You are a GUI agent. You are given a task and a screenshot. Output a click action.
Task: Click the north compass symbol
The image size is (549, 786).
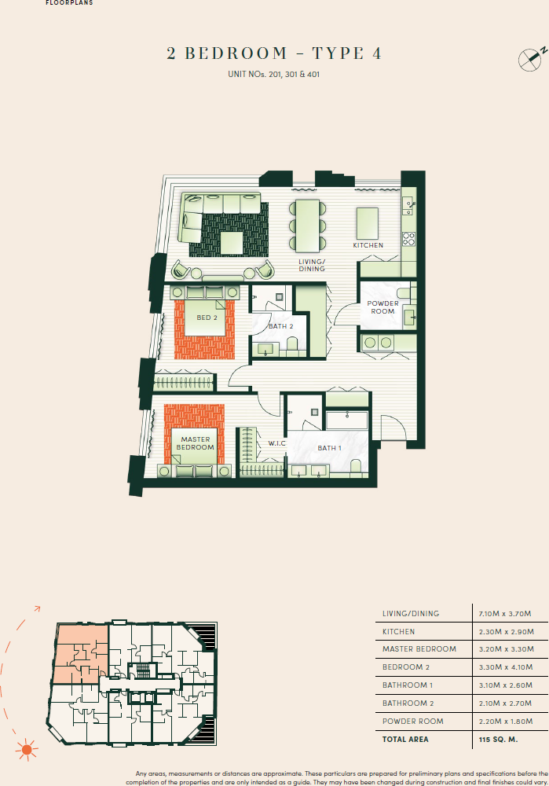point(530,58)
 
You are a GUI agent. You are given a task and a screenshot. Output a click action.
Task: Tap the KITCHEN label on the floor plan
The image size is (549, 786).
point(368,245)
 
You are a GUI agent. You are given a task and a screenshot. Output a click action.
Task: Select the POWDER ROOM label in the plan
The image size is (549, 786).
point(382,307)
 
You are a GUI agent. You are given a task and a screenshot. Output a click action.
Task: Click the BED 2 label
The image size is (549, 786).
point(207,318)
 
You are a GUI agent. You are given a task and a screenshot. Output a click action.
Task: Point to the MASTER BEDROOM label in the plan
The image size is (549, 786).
point(196,443)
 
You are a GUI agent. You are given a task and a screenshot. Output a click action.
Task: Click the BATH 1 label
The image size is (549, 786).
point(328,448)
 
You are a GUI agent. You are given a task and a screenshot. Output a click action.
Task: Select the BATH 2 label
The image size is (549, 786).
point(280,325)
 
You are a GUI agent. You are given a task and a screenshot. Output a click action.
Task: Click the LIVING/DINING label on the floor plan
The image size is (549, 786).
point(311,265)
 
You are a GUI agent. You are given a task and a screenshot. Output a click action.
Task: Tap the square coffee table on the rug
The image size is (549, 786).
point(231,243)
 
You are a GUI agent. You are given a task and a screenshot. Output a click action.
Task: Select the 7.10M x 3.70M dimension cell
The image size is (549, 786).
point(505,613)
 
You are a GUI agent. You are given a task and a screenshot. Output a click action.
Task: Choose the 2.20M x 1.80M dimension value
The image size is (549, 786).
point(505,722)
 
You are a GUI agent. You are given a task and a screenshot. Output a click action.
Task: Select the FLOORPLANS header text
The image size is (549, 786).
point(69,2)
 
